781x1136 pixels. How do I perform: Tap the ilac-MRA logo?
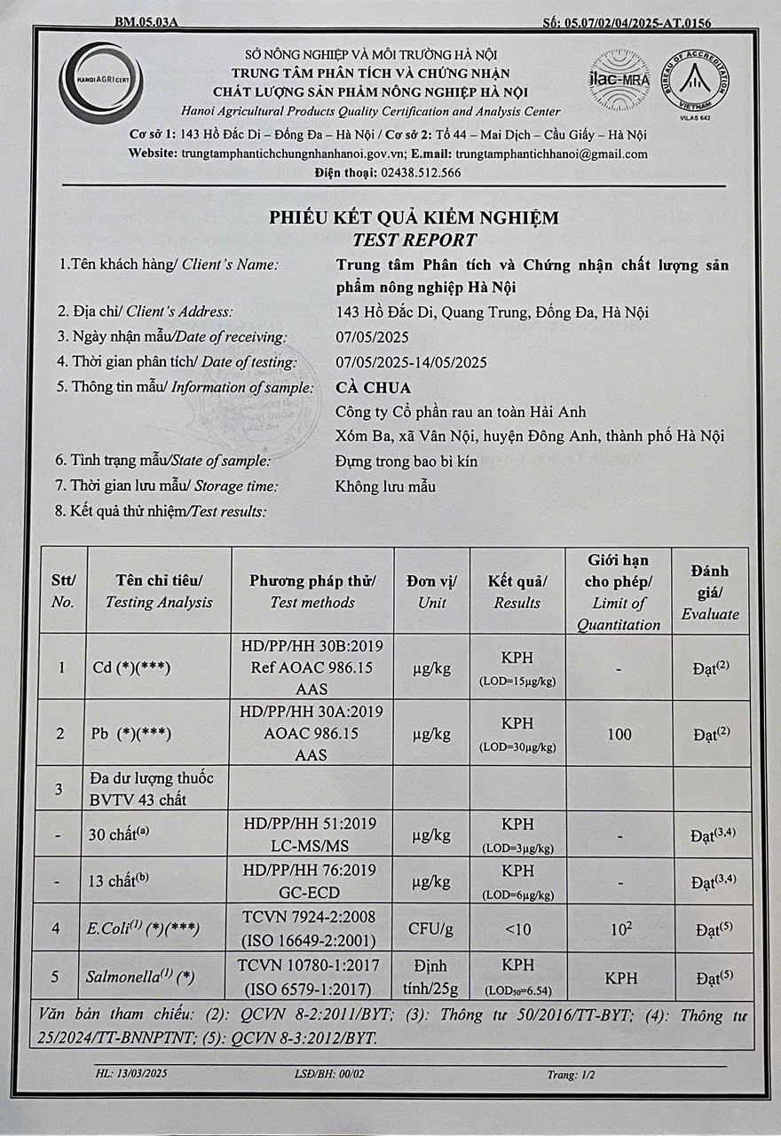point(619,78)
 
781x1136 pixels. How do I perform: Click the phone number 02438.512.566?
point(420,173)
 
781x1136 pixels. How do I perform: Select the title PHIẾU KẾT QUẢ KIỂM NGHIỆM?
point(414,217)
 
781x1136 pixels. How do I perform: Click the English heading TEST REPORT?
point(414,241)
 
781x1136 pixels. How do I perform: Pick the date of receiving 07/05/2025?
point(373,337)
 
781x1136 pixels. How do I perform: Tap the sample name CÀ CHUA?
point(373,388)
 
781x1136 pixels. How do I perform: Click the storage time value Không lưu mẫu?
point(386,486)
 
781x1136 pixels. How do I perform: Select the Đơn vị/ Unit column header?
point(432,591)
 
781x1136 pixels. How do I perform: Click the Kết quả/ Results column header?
point(517,591)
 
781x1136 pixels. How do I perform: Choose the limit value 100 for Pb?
point(619,734)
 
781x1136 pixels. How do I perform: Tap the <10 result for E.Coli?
point(517,928)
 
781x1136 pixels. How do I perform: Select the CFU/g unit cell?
point(431,928)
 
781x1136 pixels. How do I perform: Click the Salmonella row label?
point(141,977)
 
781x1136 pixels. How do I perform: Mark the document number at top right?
point(626,22)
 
